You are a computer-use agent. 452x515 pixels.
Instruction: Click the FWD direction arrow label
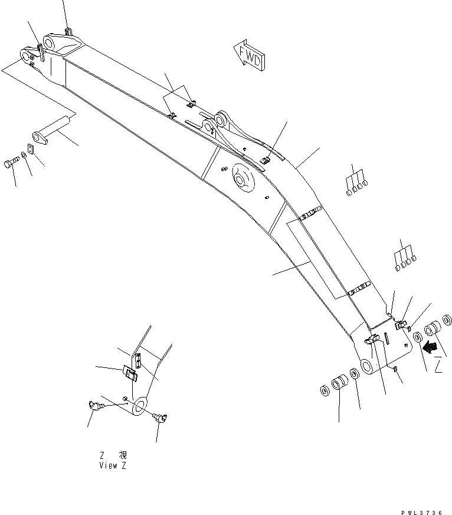tap(250, 56)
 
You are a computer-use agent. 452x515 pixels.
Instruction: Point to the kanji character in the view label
tap(122, 455)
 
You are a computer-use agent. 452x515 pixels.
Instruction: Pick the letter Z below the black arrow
tap(438, 367)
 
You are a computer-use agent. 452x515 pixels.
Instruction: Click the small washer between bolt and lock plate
tap(22, 156)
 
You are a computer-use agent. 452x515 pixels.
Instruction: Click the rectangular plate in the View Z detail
tap(130, 374)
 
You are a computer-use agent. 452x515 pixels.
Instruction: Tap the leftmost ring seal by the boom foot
tap(325, 391)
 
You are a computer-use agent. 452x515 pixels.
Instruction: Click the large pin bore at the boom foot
tap(367, 367)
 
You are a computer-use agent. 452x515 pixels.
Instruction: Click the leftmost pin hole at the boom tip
tap(25, 56)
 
